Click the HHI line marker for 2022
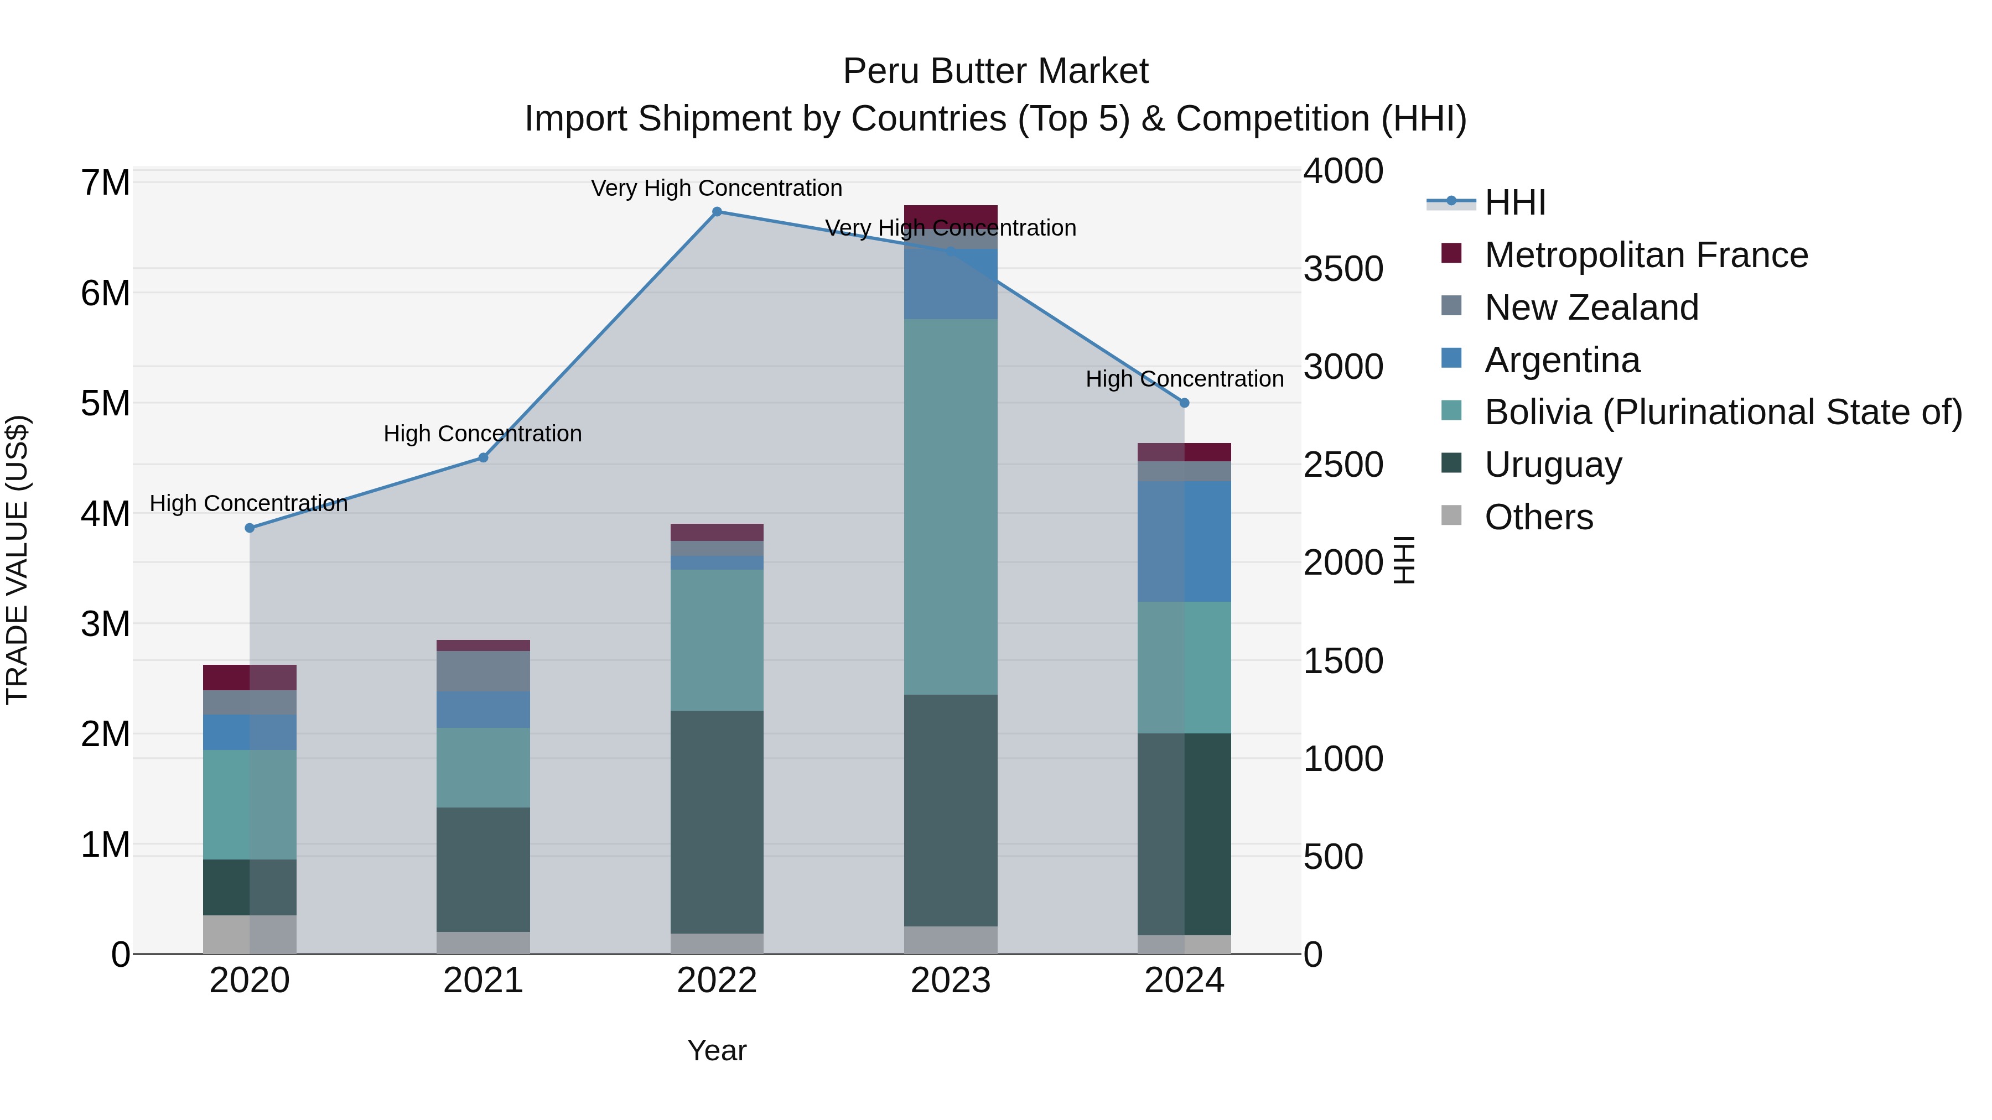[x=717, y=212]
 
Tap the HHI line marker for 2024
[x=1184, y=403]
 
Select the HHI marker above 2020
[x=250, y=528]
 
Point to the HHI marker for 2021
[x=483, y=457]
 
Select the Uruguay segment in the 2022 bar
[x=717, y=822]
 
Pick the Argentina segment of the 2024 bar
[x=1184, y=541]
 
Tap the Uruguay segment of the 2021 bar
[x=483, y=869]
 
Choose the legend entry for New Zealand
[x=1591, y=308]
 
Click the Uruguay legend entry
[x=1553, y=465]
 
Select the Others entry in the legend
[x=1538, y=517]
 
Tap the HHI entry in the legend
[x=1514, y=202]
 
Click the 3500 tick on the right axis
[x=1343, y=269]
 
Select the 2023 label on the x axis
[x=951, y=981]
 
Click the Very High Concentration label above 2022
[x=717, y=188]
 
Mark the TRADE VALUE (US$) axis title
[x=17, y=560]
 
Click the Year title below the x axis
[x=717, y=1050]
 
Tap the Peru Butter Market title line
[x=995, y=71]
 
